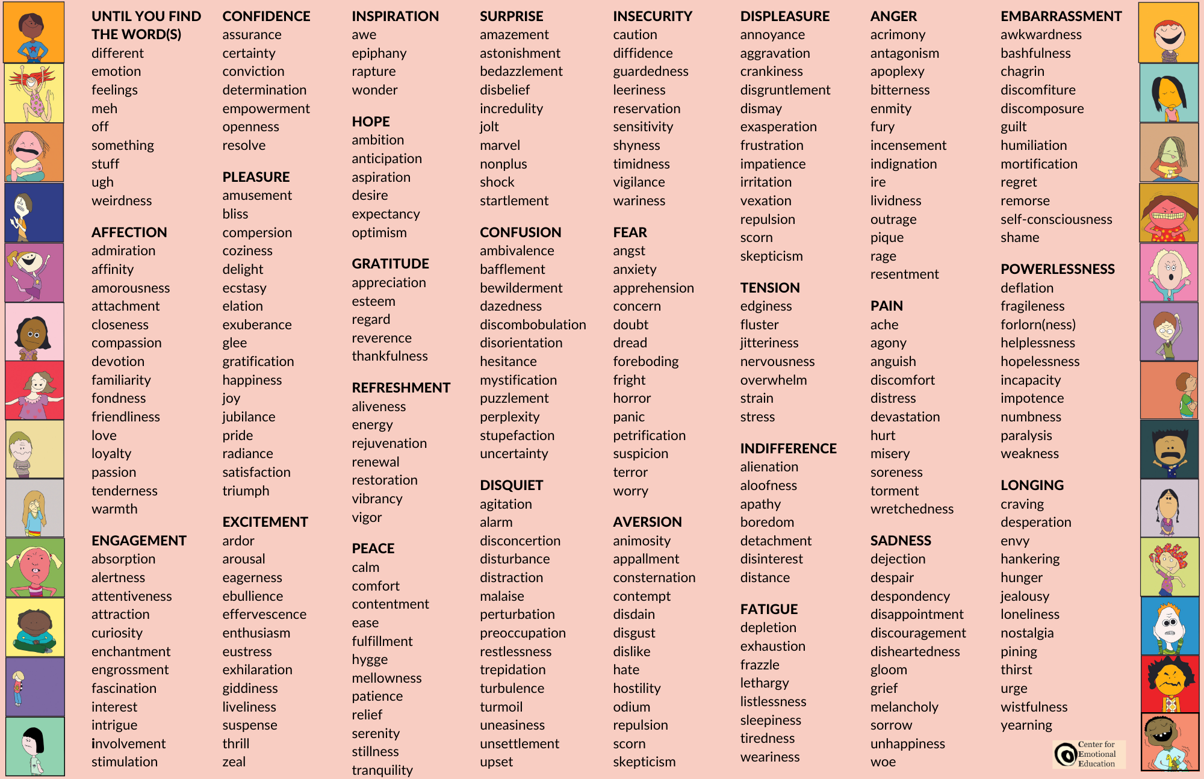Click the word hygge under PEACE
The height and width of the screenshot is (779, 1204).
[370, 660]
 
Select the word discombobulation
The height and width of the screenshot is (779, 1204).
[532, 324]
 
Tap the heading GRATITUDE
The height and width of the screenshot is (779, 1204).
[390, 264]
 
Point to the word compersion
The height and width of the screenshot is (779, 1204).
[257, 232]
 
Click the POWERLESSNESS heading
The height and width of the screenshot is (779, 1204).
[1057, 269]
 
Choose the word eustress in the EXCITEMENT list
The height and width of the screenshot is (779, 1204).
[247, 651]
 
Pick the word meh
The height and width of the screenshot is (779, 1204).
[104, 108]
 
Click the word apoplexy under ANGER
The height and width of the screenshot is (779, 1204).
[897, 72]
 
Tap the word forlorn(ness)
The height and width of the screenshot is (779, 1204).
[1038, 324]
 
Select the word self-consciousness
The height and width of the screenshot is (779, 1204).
[1056, 219]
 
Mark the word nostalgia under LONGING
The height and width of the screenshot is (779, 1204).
[1027, 633]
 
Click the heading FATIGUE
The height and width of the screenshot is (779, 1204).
[769, 609]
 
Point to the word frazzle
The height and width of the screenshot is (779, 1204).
[760, 665]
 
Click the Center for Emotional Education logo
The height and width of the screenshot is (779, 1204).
[1088, 754]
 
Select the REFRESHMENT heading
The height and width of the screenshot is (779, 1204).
[401, 388]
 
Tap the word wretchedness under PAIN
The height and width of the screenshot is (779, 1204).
[911, 509]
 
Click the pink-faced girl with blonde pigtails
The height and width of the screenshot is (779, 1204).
[35, 567]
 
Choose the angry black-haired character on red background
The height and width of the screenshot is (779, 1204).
[1169, 684]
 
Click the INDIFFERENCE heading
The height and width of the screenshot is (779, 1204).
[788, 448]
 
